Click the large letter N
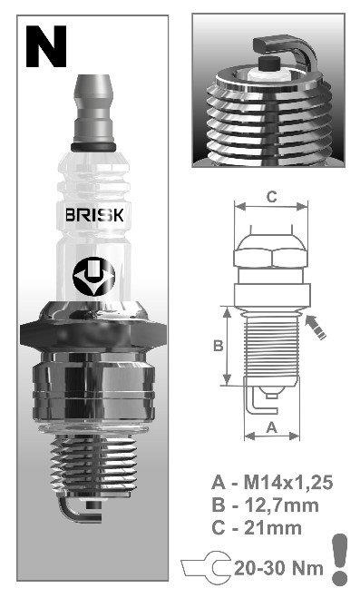click(x=46, y=47)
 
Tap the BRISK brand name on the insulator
click(x=94, y=215)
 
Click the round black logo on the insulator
click(x=93, y=277)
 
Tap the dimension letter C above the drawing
click(x=271, y=197)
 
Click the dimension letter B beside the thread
click(x=218, y=346)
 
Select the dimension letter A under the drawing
click(x=271, y=427)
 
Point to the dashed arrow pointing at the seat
click(x=316, y=327)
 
